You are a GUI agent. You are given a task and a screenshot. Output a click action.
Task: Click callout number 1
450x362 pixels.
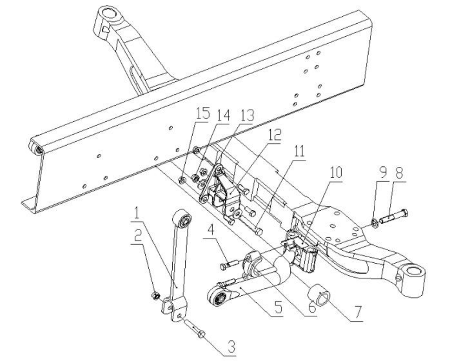point(137,214)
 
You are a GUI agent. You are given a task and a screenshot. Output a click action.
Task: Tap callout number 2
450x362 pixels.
point(138,236)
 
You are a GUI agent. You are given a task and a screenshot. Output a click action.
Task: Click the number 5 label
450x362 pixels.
point(277,307)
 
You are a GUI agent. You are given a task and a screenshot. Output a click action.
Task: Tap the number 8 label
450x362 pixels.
point(399,173)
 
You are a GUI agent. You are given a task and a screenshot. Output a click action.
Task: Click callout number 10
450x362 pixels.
point(336,173)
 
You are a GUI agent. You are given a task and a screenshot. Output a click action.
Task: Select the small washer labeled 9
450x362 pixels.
point(374,222)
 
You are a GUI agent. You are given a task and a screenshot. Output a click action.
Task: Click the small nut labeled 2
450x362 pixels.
point(155,295)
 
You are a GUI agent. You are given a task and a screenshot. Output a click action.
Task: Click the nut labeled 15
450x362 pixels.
point(182,181)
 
